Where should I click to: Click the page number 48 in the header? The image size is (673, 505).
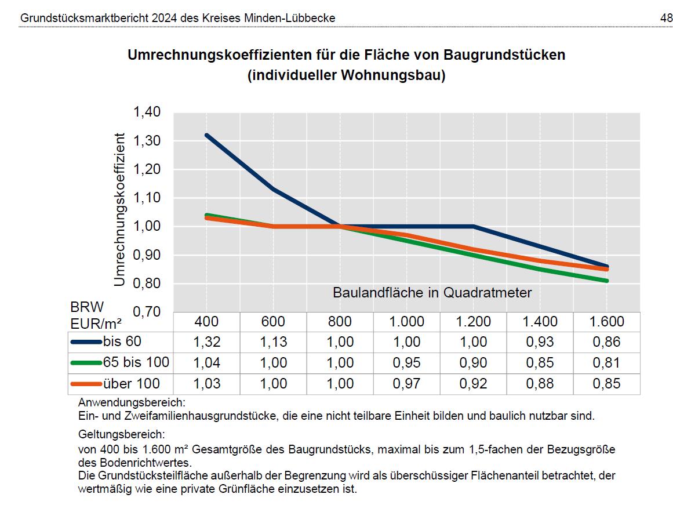click(666, 19)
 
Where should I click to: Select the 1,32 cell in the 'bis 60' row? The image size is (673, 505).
click(207, 342)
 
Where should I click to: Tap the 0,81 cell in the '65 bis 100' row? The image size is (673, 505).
click(606, 363)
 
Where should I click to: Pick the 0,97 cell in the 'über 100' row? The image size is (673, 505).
click(406, 384)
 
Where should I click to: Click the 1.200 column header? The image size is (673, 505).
click(473, 321)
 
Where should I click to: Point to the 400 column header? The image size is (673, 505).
click(207, 321)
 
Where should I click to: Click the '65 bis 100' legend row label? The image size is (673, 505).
click(136, 362)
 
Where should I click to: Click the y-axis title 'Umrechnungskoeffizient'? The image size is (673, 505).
click(120, 209)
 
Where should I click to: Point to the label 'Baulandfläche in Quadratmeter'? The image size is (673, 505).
click(432, 293)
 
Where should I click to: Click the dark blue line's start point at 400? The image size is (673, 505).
click(207, 135)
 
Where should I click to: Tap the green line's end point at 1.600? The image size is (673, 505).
click(606, 281)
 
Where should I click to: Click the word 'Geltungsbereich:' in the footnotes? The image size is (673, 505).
click(114, 434)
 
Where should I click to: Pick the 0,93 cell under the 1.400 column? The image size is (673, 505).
click(540, 342)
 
